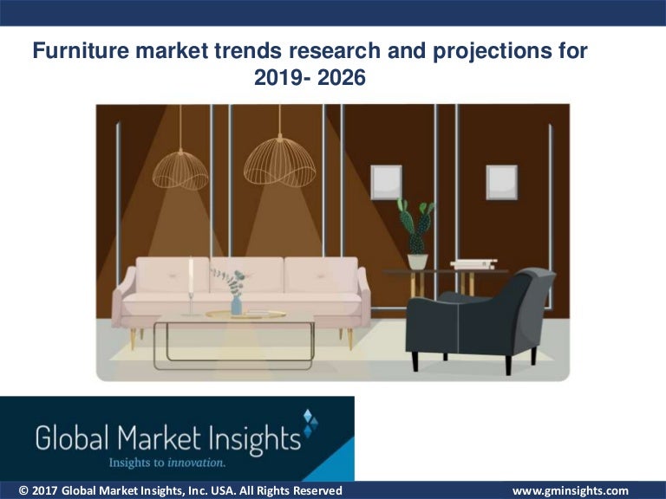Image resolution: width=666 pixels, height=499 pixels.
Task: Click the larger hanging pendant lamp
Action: click(279, 162)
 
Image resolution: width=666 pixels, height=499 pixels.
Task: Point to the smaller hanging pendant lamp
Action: click(180, 168)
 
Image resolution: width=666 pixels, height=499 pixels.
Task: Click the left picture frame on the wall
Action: click(386, 182)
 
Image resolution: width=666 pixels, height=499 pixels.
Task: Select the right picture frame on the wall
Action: click(501, 182)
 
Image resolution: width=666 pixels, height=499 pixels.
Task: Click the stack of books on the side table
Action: click(473, 264)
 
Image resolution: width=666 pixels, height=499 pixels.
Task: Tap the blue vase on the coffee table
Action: click(236, 305)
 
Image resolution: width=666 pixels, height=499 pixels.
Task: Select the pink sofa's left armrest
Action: click(125, 295)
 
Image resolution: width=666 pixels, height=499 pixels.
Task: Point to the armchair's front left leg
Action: click(415, 359)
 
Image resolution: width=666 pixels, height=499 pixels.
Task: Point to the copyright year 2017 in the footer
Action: click(44, 491)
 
